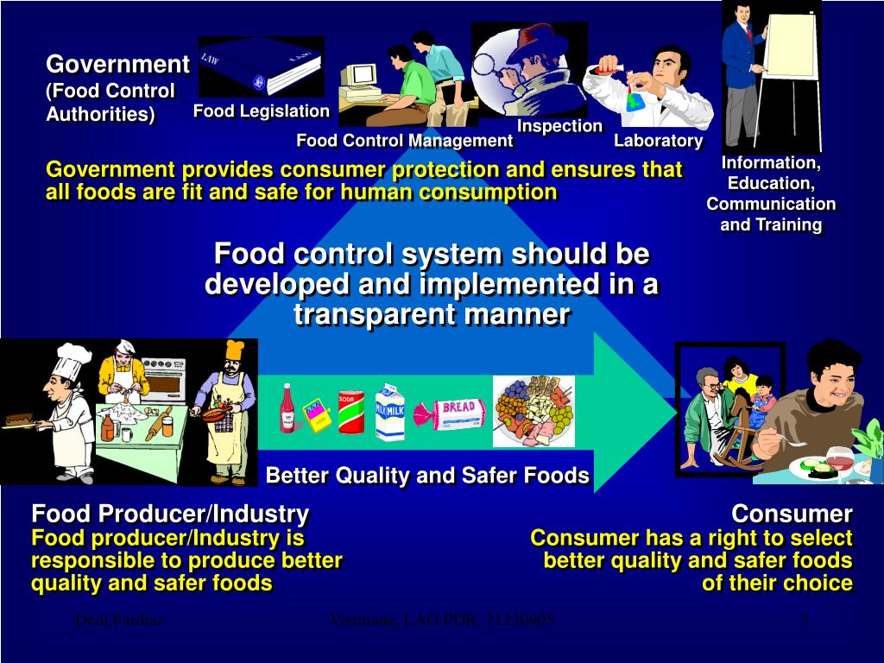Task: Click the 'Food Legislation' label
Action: point(261,110)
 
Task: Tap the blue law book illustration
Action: point(261,67)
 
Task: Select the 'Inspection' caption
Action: point(559,126)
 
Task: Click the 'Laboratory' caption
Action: point(659,141)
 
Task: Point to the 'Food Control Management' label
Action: point(404,141)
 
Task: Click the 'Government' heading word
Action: point(117,65)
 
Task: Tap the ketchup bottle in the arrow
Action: point(287,407)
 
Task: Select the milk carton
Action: point(389,413)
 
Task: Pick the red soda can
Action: point(350,411)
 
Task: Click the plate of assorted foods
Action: point(533,411)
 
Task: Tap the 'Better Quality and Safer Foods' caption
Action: point(427,476)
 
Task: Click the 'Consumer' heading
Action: point(792,515)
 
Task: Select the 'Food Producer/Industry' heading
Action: point(170,515)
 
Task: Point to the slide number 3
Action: point(804,620)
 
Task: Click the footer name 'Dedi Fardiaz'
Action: point(119,620)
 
